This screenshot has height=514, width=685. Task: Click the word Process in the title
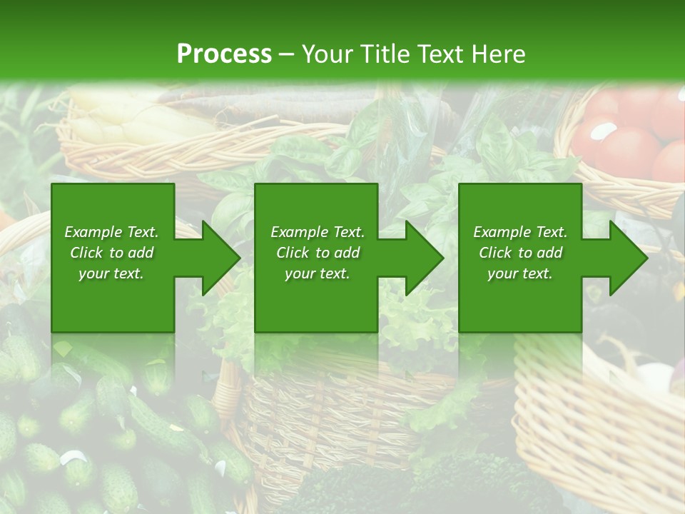[224, 54]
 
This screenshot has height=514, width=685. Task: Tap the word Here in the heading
[499, 54]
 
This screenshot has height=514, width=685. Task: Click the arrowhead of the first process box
[221, 258]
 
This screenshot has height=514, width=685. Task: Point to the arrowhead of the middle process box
[425, 258]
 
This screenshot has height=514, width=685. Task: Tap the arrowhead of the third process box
[629, 258]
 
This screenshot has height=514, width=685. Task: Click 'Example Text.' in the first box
[111, 232]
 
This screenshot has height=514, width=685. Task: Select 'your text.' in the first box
[111, 273]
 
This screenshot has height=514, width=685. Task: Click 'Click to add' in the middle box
[318, 253]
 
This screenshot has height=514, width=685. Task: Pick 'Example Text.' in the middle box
[318, 232]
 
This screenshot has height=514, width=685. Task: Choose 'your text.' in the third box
[520, 273]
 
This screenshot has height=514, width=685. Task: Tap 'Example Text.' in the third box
[520, 232]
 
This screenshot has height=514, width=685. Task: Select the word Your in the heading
[326, 54]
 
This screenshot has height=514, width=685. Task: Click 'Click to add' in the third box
[520, 253]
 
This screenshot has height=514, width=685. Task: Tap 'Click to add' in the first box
[111, 253]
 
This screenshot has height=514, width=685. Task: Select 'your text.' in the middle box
[318, 273]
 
